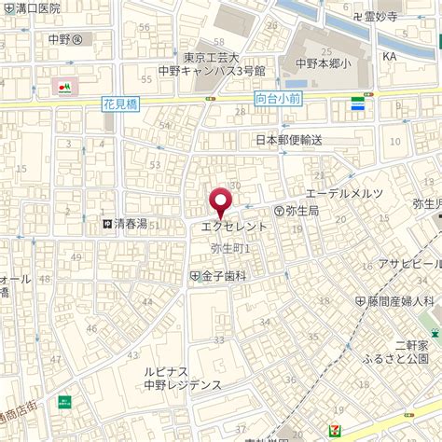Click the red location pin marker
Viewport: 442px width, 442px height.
tap(220, 203)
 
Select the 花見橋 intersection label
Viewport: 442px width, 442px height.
tap(120, 107)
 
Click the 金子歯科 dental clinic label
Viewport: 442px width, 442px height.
tap(218, 276)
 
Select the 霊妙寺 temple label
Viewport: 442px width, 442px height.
tap(376, 16)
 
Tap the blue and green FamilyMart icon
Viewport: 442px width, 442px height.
tap(357, 104)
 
